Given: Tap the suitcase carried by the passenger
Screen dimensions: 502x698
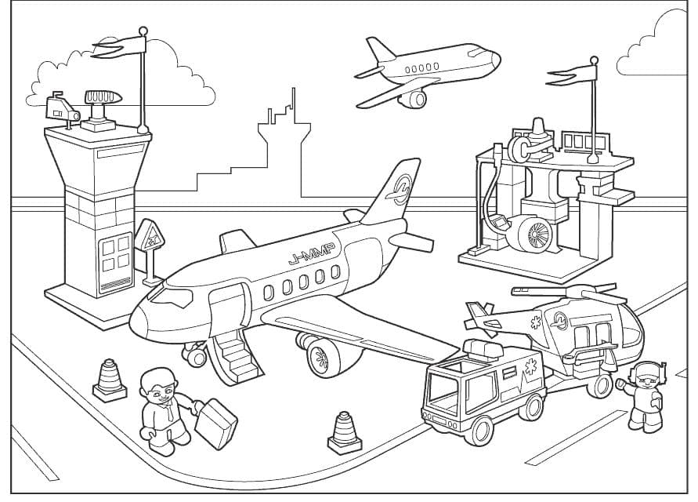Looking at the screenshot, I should click(215, 424).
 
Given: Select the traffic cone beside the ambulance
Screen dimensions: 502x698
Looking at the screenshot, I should click(344, 433).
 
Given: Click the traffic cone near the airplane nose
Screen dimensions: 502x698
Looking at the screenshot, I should click(108, 380).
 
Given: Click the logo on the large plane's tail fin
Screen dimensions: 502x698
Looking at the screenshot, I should click(401, 189).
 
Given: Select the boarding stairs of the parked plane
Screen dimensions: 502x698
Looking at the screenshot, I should click(235, 358).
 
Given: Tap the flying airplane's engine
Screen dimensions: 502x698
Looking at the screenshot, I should click(414, 99).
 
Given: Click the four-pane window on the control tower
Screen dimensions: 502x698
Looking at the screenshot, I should click(114, 252).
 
